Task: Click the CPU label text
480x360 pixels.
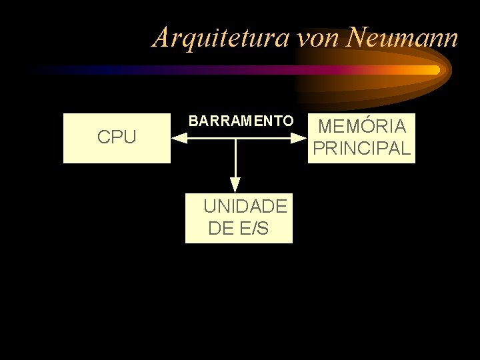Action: coord(117,138)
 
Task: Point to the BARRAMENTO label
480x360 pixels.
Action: coord(241,121)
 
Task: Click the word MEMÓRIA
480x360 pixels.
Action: coord(362,126)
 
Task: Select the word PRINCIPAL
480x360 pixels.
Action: coord(361,149)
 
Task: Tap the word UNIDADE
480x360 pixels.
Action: coord(245,206)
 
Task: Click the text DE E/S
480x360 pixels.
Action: coord(239,229)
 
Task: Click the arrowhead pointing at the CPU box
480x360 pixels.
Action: coord(178,138)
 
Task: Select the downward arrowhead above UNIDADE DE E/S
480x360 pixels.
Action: coord(235,183)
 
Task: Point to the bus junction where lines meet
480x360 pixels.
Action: coord(235,138)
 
